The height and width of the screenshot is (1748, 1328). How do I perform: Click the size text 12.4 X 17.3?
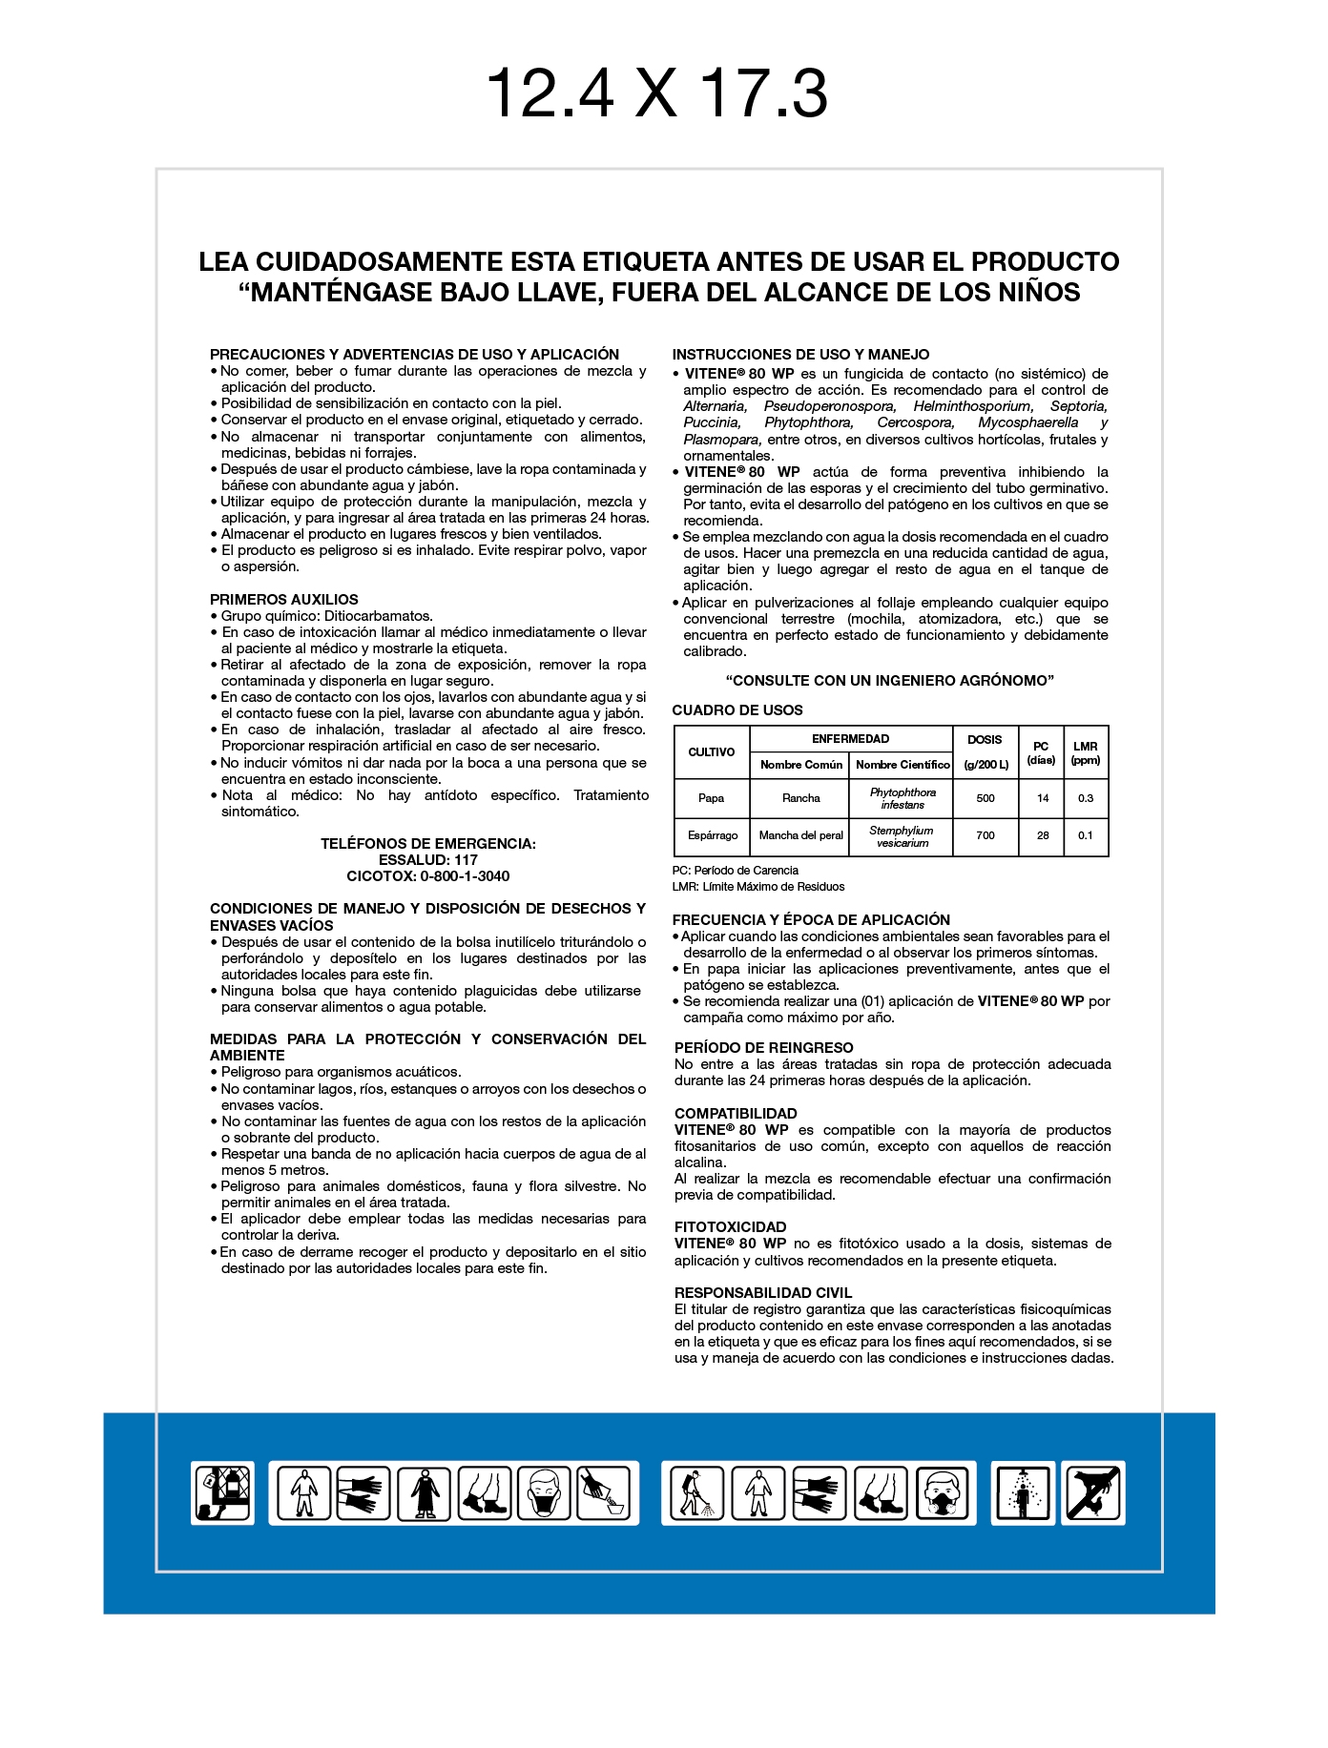point(656,93)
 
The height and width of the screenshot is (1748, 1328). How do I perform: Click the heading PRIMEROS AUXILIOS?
point(283,600)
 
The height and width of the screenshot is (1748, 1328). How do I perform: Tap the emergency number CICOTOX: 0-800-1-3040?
point(427,876)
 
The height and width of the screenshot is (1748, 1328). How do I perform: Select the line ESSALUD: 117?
point(427,860)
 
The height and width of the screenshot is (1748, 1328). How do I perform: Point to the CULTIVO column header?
point(712,752)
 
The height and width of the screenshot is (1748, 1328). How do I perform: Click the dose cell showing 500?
point(986,799)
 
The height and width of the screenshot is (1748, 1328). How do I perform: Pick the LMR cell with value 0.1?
point(1086,836)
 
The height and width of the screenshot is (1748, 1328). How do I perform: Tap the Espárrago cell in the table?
point(713,836)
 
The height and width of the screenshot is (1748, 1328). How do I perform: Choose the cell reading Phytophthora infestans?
point(903,799)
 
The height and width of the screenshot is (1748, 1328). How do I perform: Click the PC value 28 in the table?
point(1043,836)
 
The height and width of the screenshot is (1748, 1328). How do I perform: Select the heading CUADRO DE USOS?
point(737,710)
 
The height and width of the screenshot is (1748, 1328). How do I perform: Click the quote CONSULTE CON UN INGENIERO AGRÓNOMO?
point(889,681)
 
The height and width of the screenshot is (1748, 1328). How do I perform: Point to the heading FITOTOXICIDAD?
point(730,1227)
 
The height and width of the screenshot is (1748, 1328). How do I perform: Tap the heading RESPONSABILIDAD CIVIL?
point(762,1293)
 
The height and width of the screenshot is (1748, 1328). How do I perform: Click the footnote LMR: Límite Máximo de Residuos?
point(758,887)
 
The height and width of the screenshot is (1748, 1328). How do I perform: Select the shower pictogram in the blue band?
point(1023,1493)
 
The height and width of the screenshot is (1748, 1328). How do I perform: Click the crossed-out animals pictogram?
point(1093,1493)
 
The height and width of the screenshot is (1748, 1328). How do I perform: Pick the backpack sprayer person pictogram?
point(695,1493)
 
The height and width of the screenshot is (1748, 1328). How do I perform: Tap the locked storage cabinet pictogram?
point(223,1493)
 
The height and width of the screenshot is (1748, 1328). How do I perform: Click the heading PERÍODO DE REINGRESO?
point(763,1048)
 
